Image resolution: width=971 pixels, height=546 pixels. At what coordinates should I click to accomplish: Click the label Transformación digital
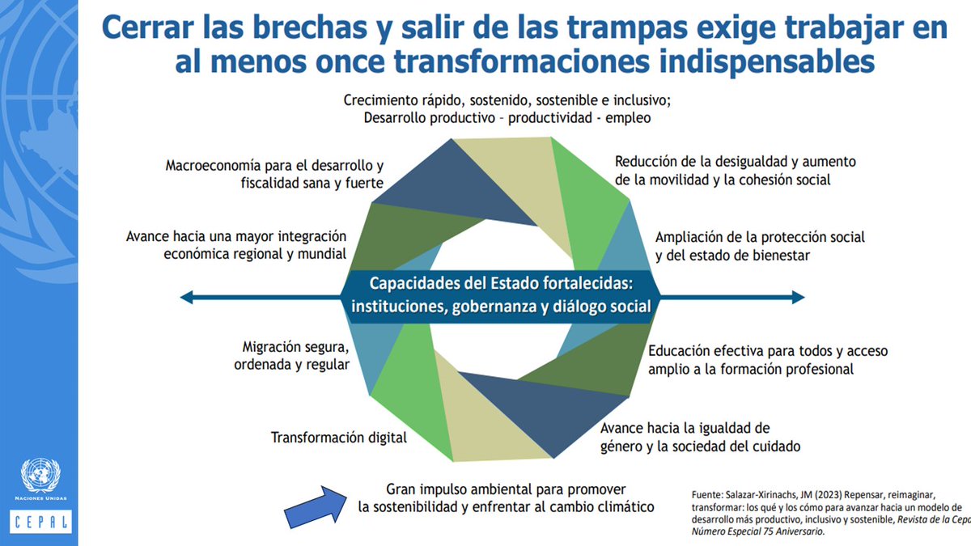(x=338, y=438)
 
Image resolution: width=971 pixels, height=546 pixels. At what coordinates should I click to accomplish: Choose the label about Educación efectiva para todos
(x=768, y=360)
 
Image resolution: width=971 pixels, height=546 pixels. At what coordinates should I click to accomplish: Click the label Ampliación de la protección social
(x=760, y=246)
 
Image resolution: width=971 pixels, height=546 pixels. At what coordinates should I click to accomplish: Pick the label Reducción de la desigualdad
(x=735, y=170)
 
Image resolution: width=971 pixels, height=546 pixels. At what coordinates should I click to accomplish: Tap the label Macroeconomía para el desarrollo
(x=274, y=173)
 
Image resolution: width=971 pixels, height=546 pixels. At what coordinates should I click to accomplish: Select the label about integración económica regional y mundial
(x=236, y=244)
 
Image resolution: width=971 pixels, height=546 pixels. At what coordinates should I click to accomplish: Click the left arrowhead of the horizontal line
(x=186, y=298)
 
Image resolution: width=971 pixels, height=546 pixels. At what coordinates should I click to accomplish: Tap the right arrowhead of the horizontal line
(x=799, y=298)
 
